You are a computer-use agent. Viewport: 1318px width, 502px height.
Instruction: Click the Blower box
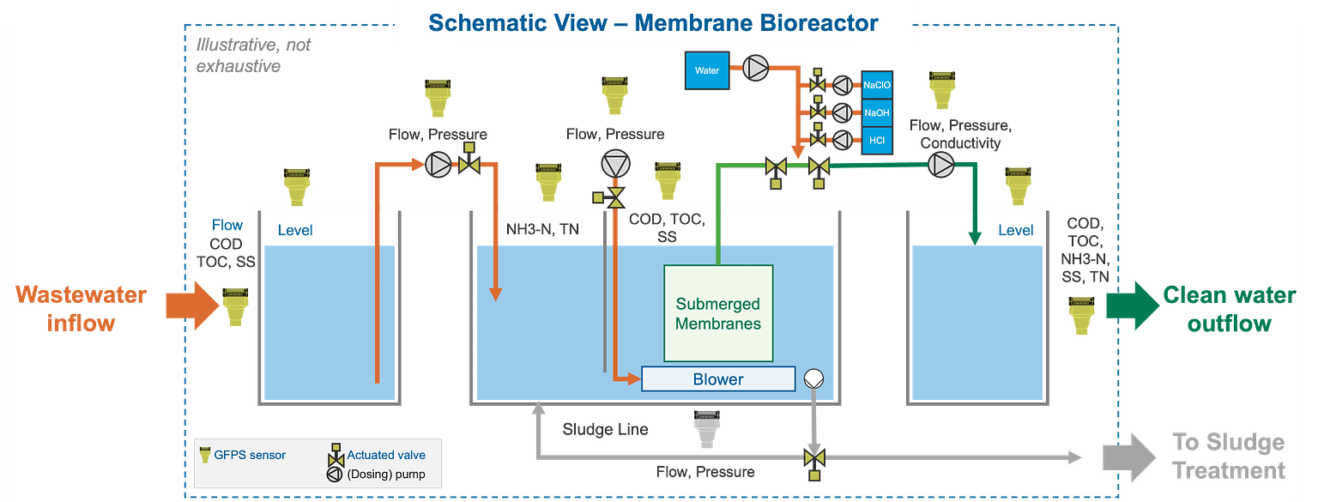(x=718, y=378)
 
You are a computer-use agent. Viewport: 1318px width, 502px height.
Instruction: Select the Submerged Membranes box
(x=718, y=312)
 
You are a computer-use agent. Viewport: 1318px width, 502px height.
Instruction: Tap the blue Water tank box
(x=707, y=70)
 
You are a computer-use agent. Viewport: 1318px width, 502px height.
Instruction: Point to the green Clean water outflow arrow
(x=1130, y=305)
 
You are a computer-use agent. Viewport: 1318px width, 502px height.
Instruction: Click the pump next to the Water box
(x=756, y=69)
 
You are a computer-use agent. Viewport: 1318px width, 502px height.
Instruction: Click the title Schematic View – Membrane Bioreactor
(x=653, y=23)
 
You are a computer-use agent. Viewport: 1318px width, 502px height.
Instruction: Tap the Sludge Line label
(x=605, y=428)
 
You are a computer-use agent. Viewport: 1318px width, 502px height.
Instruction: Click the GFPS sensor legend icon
(x=205, y=454)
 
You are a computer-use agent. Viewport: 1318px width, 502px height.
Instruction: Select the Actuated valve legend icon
(x=336, y=454)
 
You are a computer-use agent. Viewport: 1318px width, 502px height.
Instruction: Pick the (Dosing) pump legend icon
(x=336, y=474)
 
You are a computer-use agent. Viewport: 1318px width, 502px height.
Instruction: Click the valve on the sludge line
(x=811, y=457)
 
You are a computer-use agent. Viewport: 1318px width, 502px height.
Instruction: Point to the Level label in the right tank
(x=1015, y=230)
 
